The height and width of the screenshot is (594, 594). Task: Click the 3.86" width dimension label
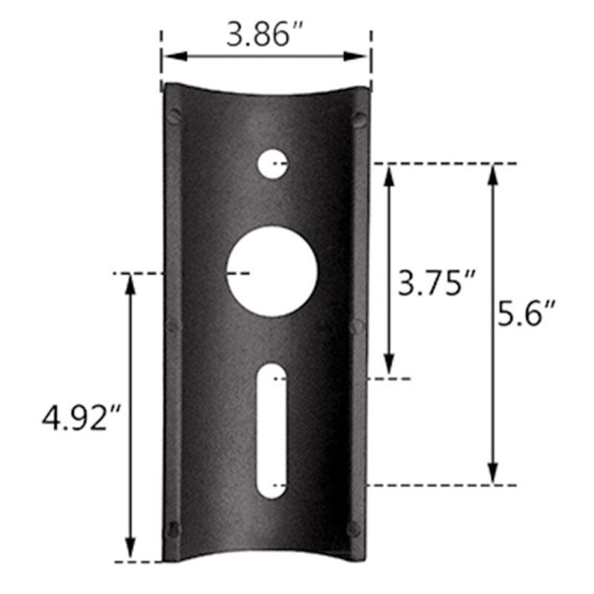(265, 35)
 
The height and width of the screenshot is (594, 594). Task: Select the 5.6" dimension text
(527, 315)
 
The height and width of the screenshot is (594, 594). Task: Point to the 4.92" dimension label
(81, 418)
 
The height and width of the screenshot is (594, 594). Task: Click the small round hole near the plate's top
(272, 163)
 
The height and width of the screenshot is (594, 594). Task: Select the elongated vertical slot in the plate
(273, 431)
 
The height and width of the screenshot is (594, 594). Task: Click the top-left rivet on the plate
(174, 117)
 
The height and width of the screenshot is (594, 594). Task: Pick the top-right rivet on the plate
(359, 119)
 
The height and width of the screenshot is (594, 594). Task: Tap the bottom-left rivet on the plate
(174, 529)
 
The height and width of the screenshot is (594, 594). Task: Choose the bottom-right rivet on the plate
(353, 529)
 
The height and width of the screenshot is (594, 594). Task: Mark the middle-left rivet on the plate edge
(174, 324)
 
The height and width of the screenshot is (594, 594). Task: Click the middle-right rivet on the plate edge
(356, 326)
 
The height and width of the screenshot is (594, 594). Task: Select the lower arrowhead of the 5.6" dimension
(492, 474)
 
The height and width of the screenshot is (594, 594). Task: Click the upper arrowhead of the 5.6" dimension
(492, 173)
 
